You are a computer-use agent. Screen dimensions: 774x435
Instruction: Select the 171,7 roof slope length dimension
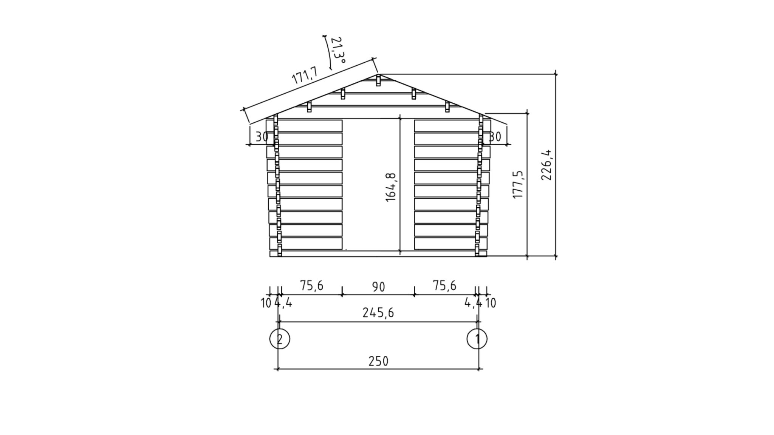point(305,75)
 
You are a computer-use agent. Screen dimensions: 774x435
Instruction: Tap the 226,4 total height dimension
point(547,165)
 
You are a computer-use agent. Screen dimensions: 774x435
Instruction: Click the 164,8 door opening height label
point(391,187)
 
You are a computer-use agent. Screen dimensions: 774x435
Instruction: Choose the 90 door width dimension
point(378,287)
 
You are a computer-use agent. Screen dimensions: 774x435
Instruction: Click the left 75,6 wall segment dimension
point(312,285)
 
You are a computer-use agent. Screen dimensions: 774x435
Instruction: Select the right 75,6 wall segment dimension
point(445,285)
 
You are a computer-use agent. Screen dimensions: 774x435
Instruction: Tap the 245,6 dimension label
point(378,313)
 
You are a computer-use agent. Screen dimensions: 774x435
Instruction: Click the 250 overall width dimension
point(378,361)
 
